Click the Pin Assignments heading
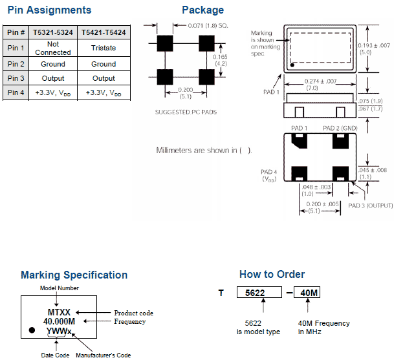[49, 10]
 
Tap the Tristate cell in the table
[104, 48]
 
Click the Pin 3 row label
[16, 78]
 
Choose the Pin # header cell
[16, 32]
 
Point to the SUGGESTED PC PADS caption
[186, 112]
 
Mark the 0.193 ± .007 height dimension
[374, 49]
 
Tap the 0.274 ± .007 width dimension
[320, 83]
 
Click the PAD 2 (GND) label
[340, 128]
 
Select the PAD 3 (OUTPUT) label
[371, 205]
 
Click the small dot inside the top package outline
[292, 65]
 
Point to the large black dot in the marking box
[32, 330]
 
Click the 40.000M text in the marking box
[59, 321]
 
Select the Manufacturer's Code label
[104, 355]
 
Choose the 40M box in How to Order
[307, 293]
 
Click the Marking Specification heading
[74, 275]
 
